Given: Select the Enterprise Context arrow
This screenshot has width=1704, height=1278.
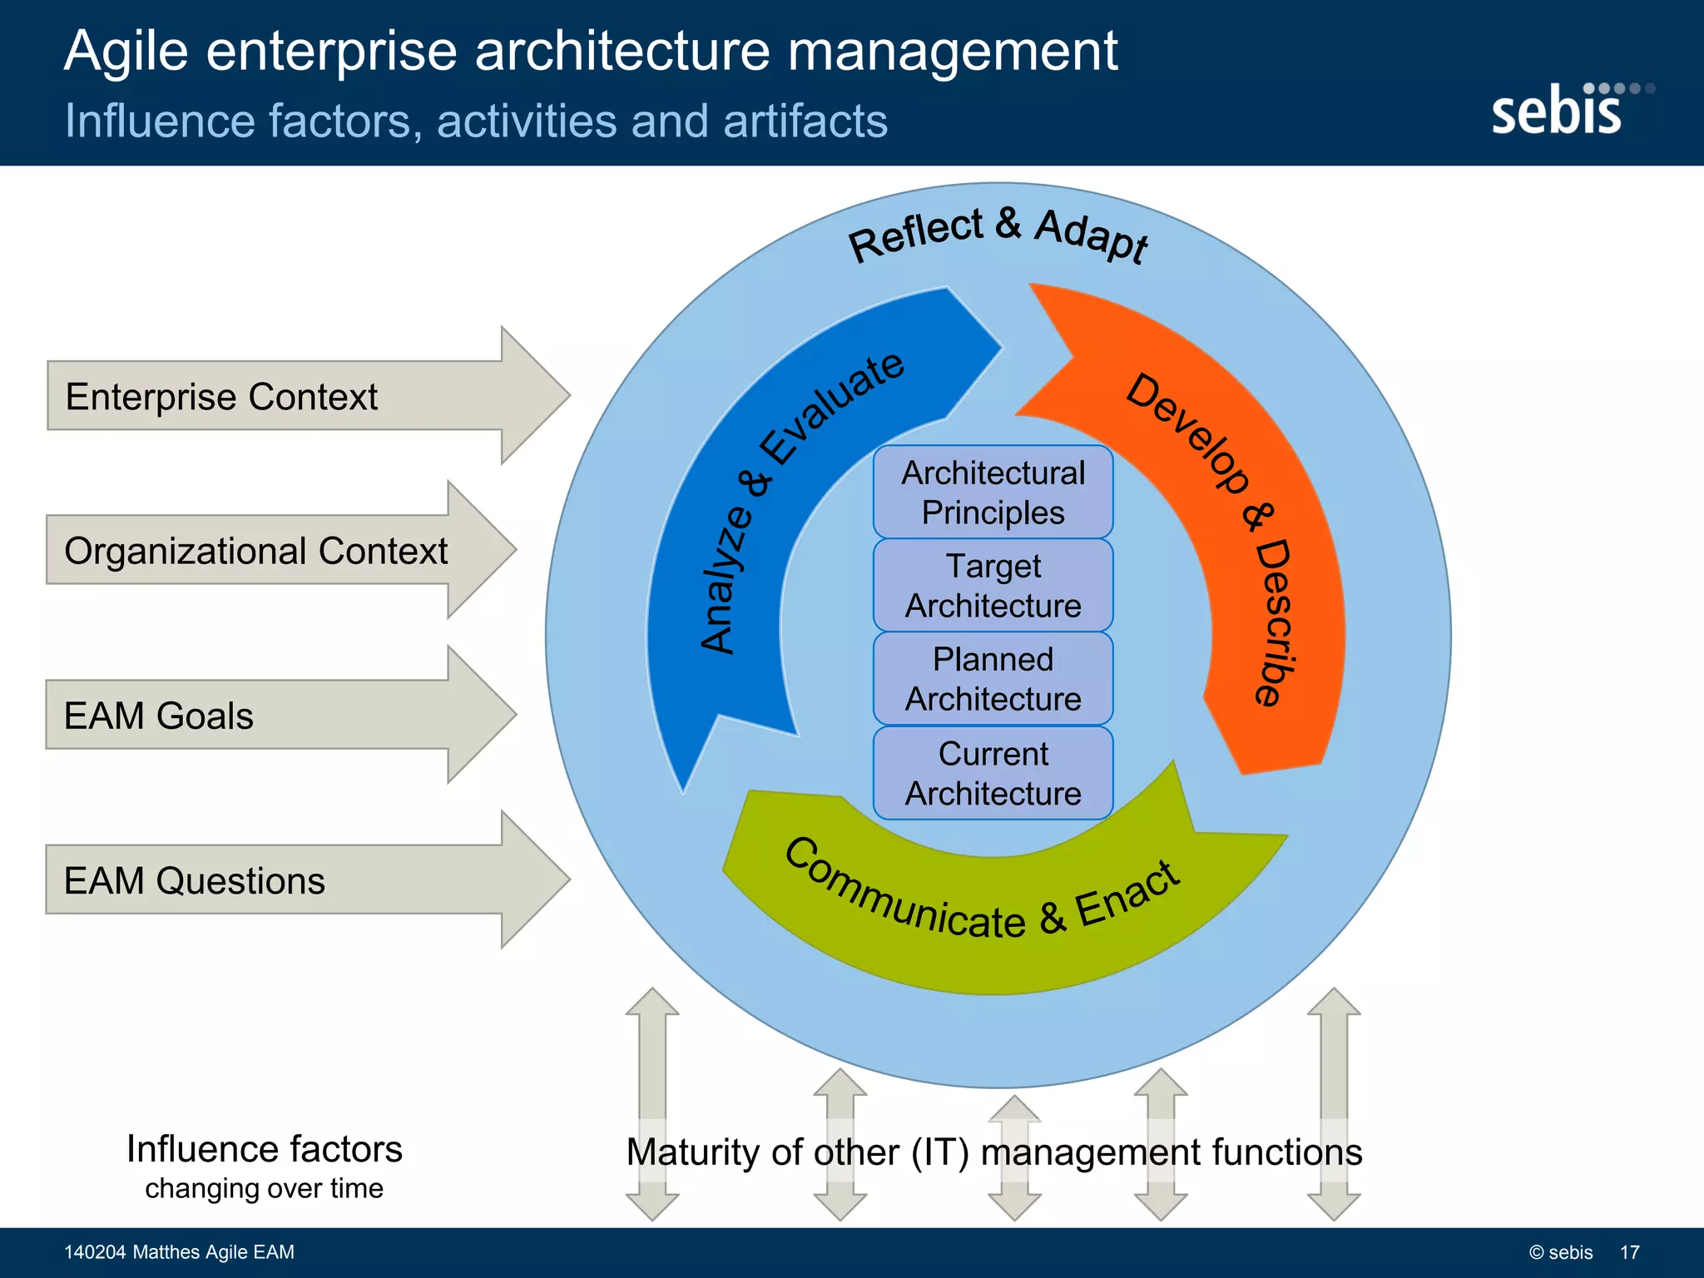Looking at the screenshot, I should pos(275,396).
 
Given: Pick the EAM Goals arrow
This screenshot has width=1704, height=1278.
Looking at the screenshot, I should pos(250,716).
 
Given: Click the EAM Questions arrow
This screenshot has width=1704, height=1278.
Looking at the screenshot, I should pos(275,880).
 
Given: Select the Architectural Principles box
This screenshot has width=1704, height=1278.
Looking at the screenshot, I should pos(993,493).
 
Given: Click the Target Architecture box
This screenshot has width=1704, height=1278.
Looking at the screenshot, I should pos(993,586).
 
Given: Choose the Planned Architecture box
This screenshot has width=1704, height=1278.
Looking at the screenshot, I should pos(993,679).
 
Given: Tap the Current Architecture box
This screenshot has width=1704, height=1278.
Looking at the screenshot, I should pos(993,773).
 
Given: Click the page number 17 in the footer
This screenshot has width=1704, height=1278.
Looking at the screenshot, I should pos(1629,1252).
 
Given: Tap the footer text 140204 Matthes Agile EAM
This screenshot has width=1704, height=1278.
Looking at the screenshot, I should pos(179,1252).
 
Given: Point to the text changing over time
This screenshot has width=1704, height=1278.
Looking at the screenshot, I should pos(264,1188).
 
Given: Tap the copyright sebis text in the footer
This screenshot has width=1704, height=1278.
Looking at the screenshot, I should pos(1561,1252).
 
